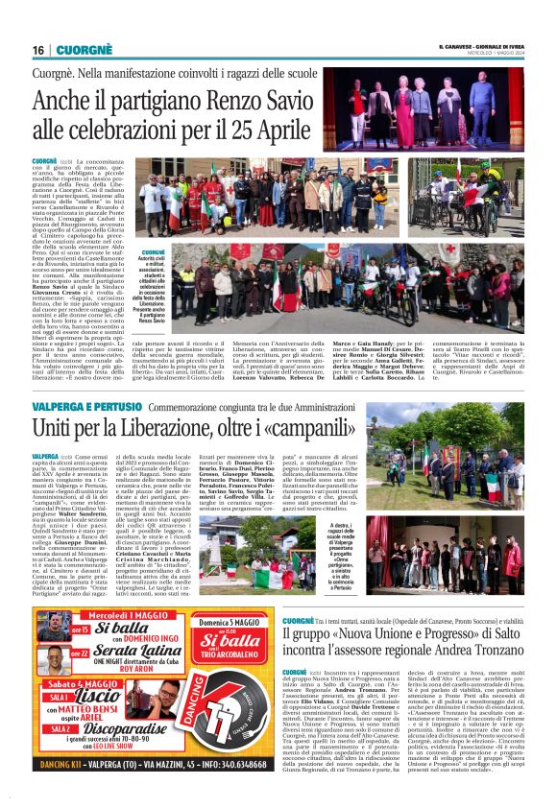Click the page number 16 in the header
37,50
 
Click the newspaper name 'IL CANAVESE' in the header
461,46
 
